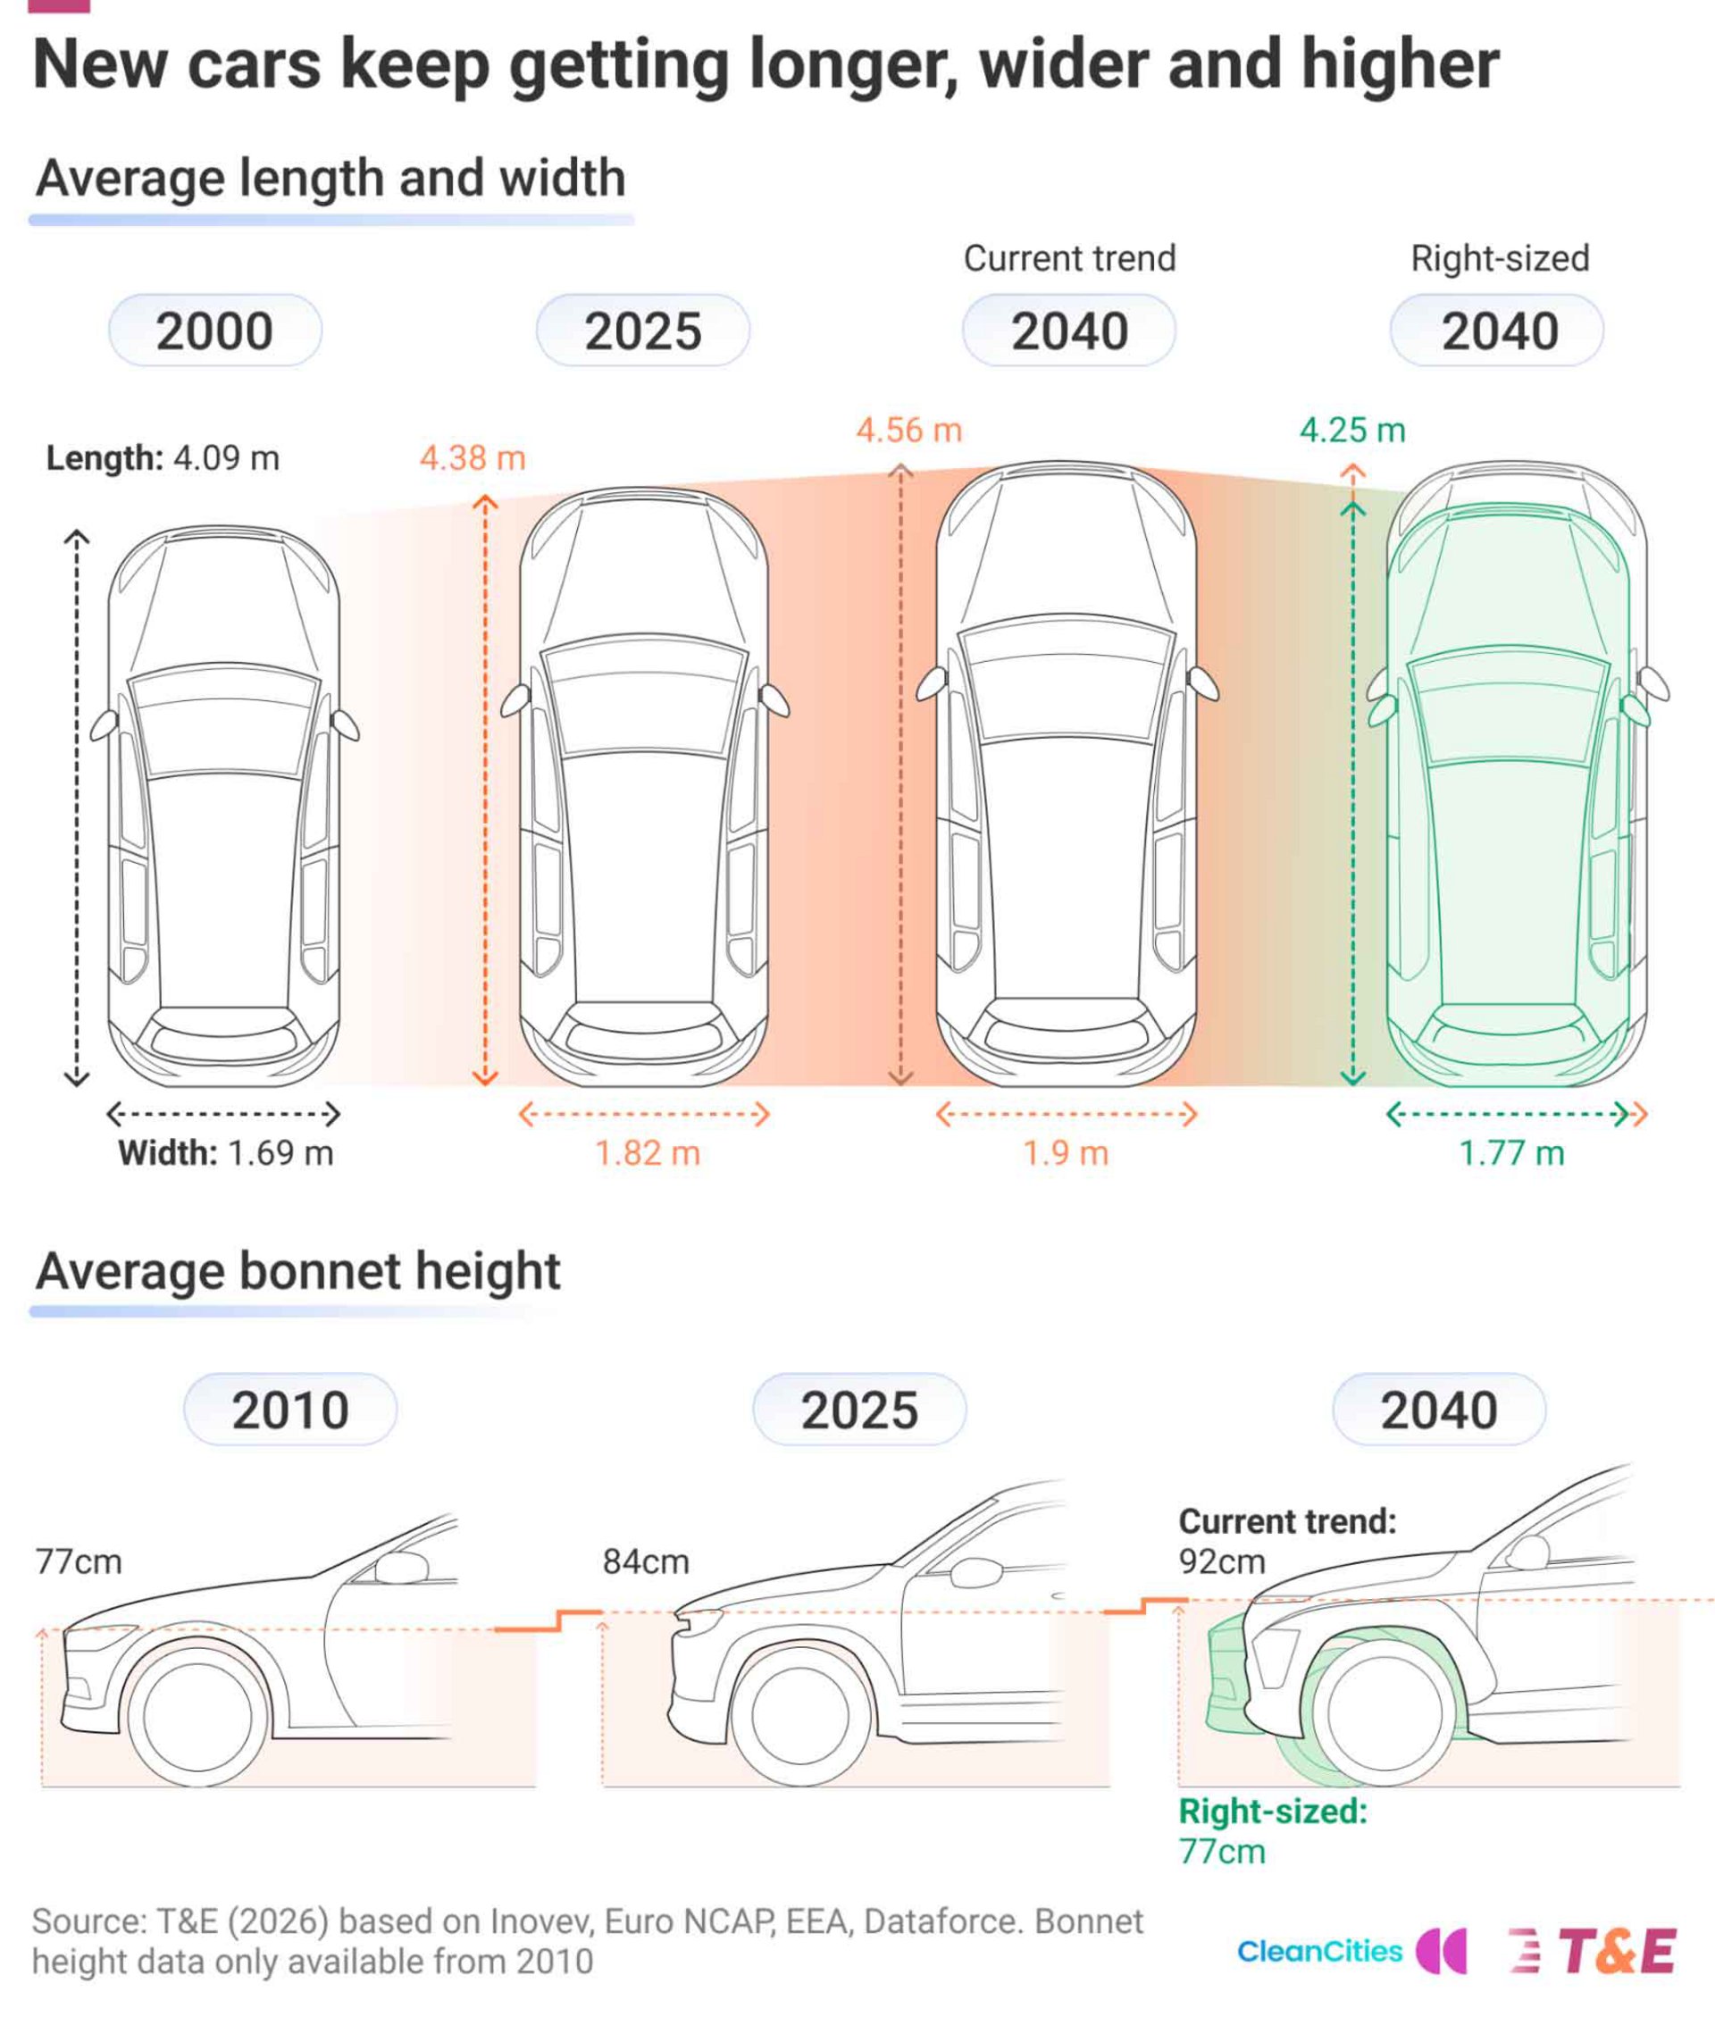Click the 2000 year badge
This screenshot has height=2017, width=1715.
[x=215, y=331]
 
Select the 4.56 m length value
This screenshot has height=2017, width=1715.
[x=909, y=430]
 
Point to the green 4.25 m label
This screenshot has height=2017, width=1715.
[x=1352, y=430]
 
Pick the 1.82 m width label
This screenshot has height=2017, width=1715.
[x=648, y=1153]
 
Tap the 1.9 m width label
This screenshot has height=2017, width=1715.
[x=1066, y=1153]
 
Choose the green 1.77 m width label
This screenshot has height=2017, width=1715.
[x=1512, y=1153]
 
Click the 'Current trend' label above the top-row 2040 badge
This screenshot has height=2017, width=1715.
[x=1069, y=258]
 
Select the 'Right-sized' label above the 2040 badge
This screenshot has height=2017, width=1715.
[x=1500, y=258]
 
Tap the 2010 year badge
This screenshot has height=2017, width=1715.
[x=290, y=1410]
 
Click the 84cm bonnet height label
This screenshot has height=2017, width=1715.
[x=646, y=1561]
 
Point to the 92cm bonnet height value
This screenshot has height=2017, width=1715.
[x=1222, y=1561]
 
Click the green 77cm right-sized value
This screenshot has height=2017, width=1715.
[x=1222, y=1851]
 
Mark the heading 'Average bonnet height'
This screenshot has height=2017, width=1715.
[x=298, y=1271]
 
